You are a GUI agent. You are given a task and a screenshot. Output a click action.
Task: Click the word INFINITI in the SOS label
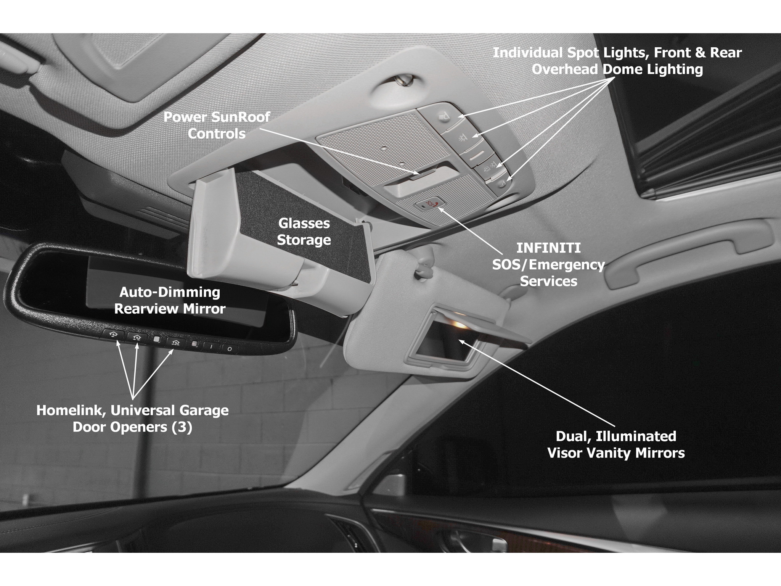(548, 248)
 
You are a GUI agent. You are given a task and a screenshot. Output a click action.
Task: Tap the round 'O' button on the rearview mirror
(230, 348)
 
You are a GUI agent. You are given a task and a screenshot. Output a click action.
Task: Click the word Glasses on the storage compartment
(304, 223)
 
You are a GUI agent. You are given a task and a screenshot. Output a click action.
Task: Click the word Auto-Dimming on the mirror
(170, 292)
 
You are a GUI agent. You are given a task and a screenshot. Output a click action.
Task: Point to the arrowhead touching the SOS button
(442, 209)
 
